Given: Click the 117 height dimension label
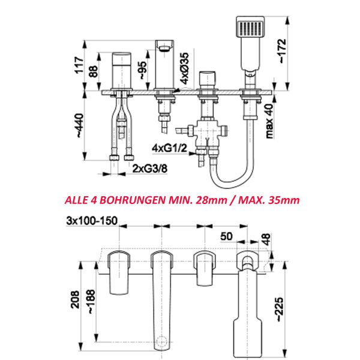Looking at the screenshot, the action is point(79,65).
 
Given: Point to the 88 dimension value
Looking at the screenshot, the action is point(94,71).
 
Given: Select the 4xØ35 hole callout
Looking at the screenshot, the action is point(184,68).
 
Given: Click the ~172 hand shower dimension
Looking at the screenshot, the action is point(282,51).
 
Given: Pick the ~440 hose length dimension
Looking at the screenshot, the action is point(79,125).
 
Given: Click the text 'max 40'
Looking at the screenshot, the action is point(269,121).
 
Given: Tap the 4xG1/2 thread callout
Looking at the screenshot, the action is point(169,148).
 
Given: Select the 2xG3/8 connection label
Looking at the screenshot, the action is point(150,169).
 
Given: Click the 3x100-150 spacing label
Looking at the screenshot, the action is point(92,221).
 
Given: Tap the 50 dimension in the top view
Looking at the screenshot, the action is point(226,236).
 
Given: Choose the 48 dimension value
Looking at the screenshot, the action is point(266,239).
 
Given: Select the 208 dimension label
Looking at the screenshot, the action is point(76,299).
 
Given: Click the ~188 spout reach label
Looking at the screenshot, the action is point(91,301).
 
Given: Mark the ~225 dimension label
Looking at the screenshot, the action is point(280,309).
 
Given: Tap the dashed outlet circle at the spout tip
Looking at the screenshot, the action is point(161,341).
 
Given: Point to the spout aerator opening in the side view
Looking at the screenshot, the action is point(164,48).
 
